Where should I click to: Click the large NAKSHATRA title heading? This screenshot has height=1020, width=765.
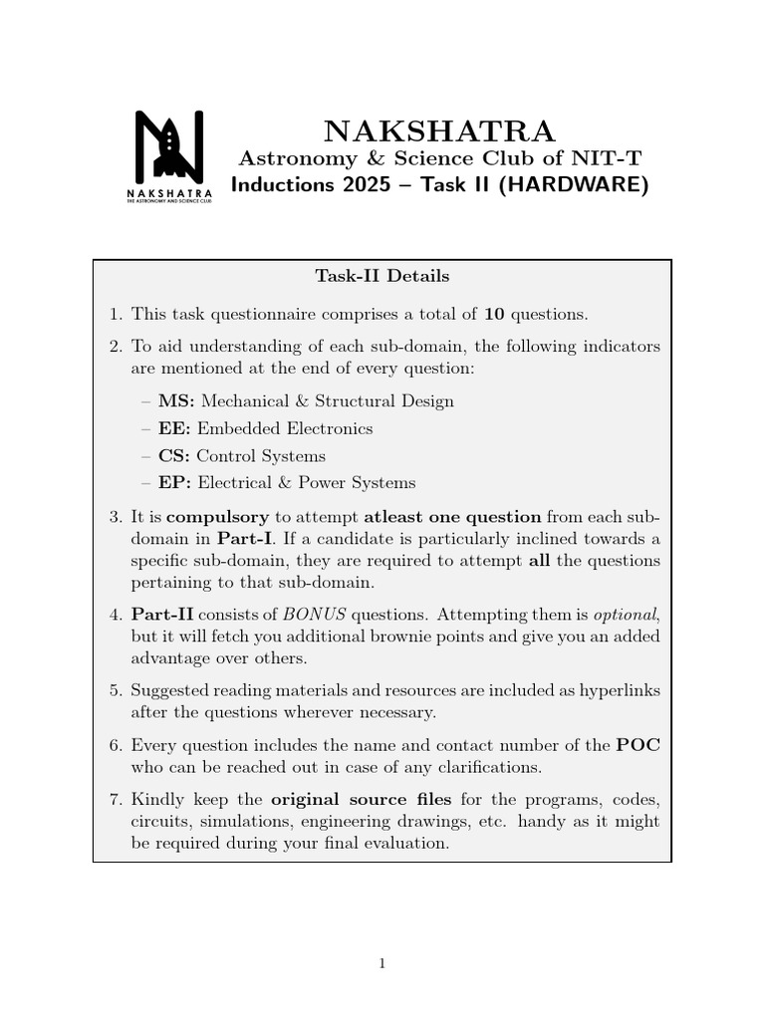[x=439, y=131]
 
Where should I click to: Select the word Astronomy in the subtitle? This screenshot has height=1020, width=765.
[x=281, y=158]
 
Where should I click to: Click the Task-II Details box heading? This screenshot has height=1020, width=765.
[x=382, y=276]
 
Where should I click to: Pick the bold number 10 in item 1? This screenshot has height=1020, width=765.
[x=494, y=314]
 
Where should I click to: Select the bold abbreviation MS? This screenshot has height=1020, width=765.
[x=176, y=401]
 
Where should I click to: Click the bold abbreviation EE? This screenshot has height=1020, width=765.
[x=175, y=428]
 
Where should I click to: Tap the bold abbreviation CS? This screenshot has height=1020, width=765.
[x=175, y=456]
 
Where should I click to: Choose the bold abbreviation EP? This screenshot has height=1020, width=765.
[x=175, y=483]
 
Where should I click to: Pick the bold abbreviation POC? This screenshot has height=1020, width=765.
[x=638, y=745]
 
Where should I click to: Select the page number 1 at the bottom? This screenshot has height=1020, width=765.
[x=382, y=963]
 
